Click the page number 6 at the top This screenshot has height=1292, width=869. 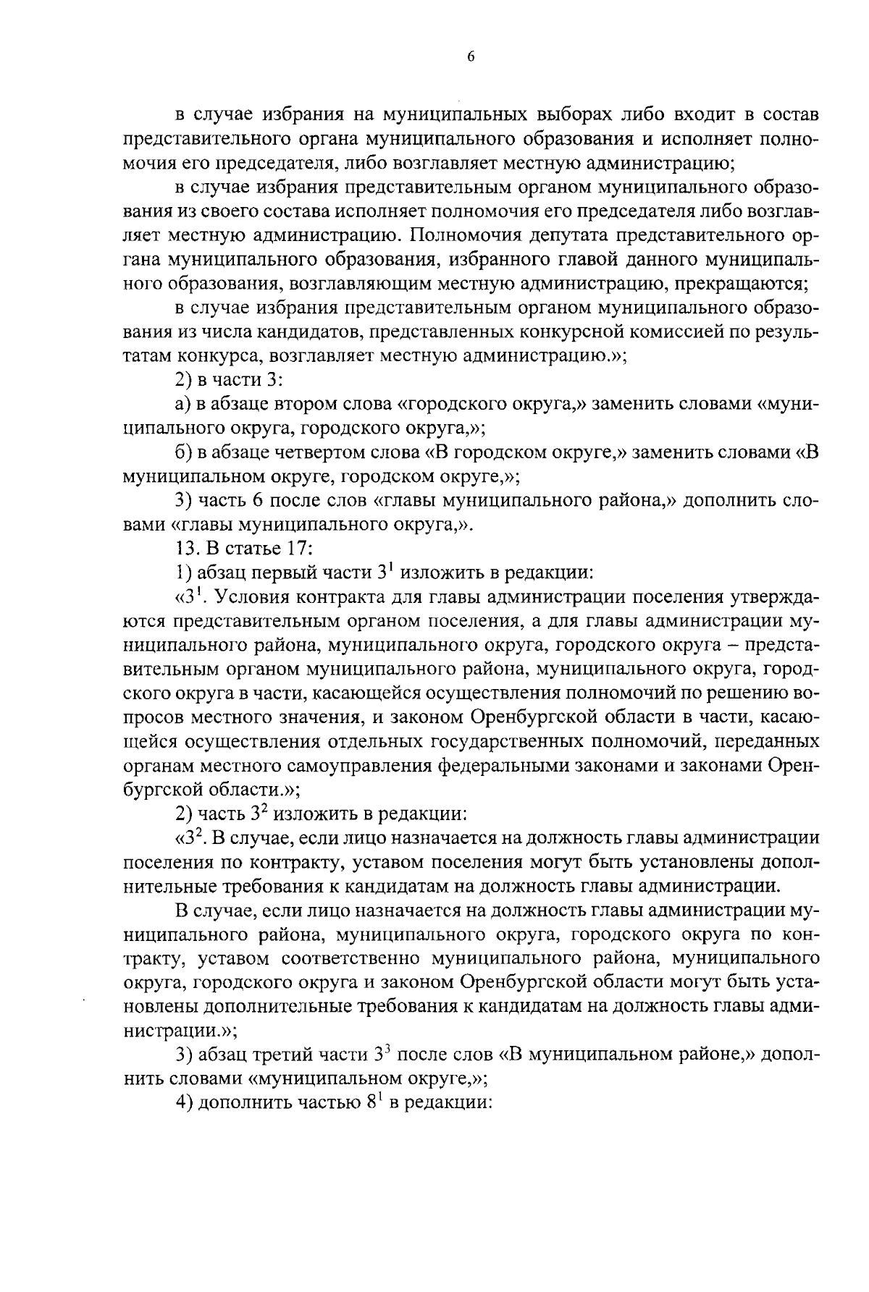coord(470,58)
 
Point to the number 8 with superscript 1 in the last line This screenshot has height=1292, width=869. coord(371,1103)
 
